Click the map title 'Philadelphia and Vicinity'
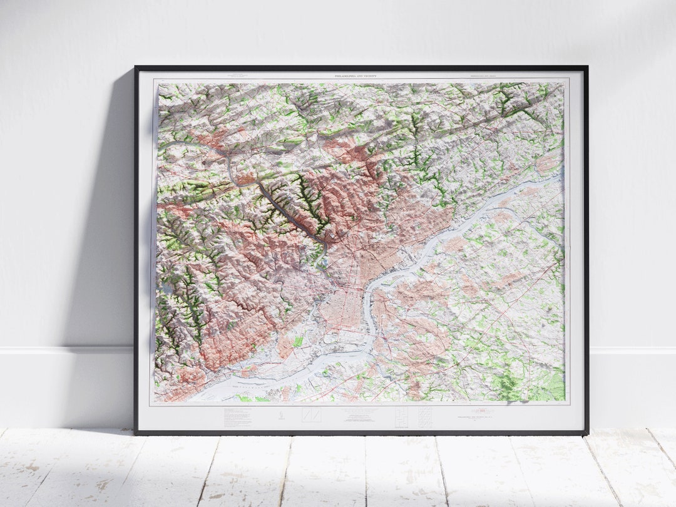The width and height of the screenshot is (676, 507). (x=361, y=76)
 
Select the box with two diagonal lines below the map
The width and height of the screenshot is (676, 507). (x=311, y=415)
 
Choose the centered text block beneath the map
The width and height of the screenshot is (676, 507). (x=361, y=416)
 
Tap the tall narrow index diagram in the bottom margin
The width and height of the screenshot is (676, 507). (x=402, y=417)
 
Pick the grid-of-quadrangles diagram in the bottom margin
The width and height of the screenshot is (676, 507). (x=424, y=417)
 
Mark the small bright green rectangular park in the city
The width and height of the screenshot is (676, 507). (x=298, y=342)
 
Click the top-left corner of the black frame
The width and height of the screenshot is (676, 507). (x=136, y=67)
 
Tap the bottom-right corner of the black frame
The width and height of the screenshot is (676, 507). (x=586, y=433)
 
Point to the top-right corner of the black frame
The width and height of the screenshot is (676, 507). (x=586, y=67)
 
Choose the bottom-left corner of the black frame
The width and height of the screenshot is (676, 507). (x=136, y=433)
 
